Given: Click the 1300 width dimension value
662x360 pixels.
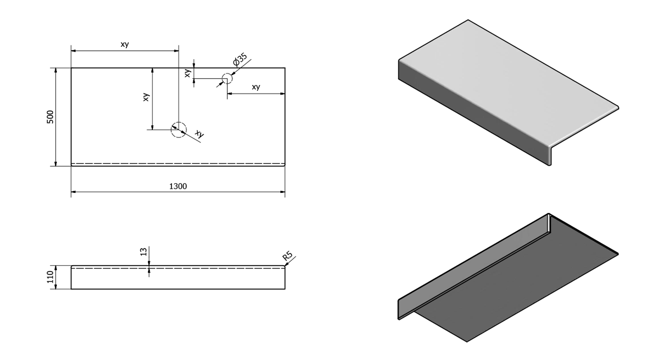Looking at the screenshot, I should click(178, 186).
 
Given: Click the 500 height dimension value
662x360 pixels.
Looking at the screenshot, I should click(50, 117).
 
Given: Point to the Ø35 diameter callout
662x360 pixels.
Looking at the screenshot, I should click(241, 60).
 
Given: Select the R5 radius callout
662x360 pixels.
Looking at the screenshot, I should click(288, 256).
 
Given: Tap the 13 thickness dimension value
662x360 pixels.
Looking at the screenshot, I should click(143, 252).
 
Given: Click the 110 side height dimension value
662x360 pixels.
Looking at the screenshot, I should click(50, 277).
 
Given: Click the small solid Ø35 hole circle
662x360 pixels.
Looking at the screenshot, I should click(227, 79).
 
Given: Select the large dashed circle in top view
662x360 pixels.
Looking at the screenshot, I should click(179, 130).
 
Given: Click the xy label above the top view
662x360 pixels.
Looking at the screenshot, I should click(124, 45).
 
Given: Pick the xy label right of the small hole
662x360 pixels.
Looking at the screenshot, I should click(256, 87).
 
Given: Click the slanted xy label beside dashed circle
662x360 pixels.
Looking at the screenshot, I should click(199, 134).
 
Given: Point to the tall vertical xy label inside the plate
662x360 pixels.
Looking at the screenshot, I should click(147, 97).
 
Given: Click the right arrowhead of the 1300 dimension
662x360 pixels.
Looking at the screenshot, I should click(282, 192).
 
